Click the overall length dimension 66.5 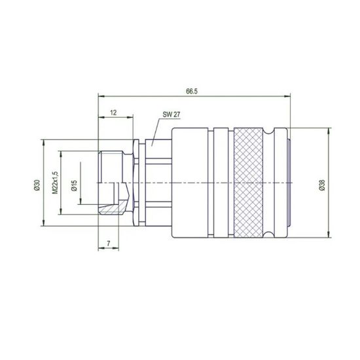190,92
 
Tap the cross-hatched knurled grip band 248,181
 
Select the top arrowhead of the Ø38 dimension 327,130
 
